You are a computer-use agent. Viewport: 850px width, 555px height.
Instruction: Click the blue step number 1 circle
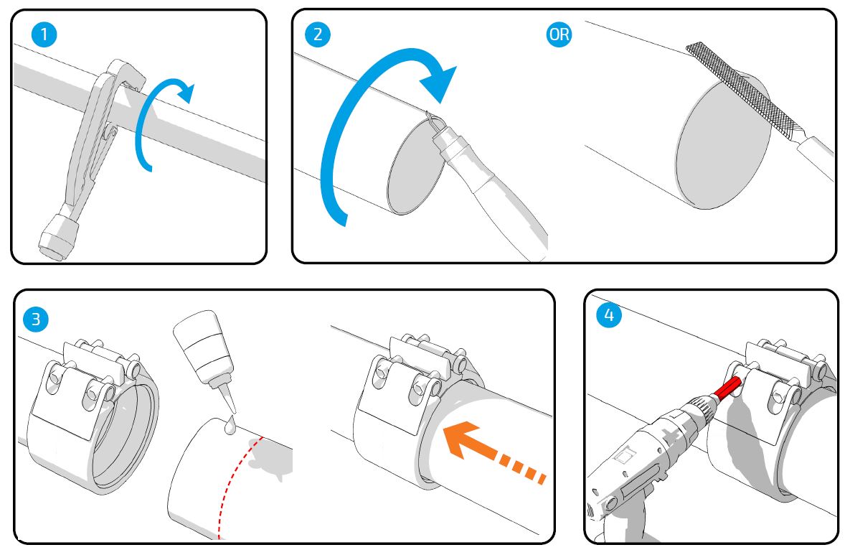tap(45, 34)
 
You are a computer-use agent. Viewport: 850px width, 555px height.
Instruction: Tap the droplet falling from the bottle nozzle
tap(228, 426)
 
